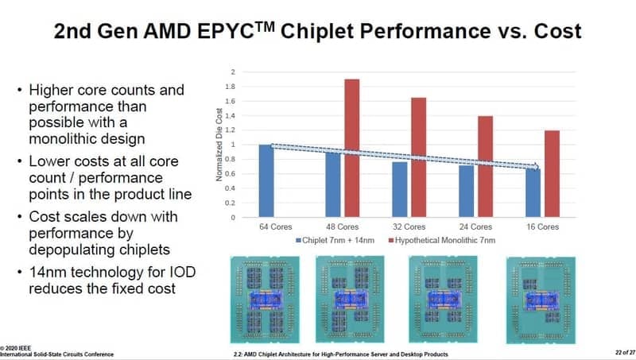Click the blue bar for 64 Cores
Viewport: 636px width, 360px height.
click(266, 180)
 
